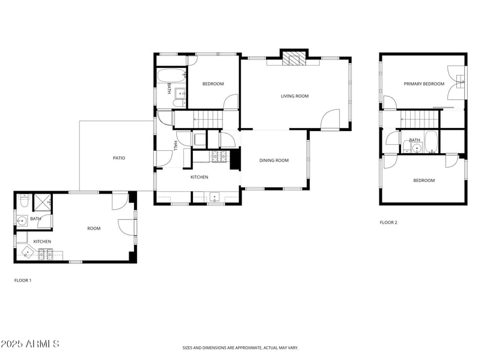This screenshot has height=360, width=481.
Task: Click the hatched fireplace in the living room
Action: point(295,58)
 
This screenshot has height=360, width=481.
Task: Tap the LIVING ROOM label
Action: point(295,96)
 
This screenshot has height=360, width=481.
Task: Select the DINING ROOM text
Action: point(274,160)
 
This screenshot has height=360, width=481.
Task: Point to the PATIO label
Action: point(119,158)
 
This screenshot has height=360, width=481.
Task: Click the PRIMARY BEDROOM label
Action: point(424,84)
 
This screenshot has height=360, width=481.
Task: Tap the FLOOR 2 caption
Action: point(388,222)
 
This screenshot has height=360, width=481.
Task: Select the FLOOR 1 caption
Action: point(23,280)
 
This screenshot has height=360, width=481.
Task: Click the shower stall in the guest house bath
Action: point(43,203)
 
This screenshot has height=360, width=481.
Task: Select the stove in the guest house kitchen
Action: point(46,254)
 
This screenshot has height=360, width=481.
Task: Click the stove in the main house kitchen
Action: point(218,157)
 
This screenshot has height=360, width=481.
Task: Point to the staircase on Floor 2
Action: point(418,119)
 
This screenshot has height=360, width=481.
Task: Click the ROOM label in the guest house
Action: point(94,228)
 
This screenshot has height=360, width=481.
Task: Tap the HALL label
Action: point(176,145)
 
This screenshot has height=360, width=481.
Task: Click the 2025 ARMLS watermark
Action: point(30,344)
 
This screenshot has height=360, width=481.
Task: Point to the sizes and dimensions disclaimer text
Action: point(240,347)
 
